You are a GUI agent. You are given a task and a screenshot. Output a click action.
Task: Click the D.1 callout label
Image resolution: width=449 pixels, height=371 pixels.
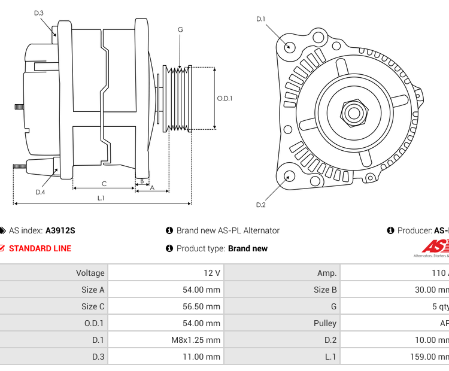point(260,19)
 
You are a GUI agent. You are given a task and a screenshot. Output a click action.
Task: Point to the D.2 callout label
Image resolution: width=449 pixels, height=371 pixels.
point(260,205)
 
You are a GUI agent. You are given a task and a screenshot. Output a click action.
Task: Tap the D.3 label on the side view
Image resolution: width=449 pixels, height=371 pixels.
point(39,13)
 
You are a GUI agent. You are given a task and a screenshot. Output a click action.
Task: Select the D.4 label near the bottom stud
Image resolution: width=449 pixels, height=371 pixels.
point(40,192)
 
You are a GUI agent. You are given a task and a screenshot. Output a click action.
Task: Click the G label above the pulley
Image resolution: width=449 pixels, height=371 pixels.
point(180,29)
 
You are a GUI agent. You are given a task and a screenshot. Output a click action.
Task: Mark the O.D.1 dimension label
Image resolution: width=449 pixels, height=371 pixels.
point(224,99)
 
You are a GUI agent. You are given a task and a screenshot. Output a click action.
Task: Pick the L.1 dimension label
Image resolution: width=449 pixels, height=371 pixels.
point(101,198)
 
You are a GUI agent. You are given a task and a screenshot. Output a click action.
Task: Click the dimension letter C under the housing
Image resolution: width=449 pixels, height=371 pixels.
point(104,184)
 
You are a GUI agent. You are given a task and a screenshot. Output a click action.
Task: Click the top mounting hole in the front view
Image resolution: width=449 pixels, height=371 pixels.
point(290,47)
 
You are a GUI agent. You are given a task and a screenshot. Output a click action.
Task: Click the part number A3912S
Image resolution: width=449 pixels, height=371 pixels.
point(60,230)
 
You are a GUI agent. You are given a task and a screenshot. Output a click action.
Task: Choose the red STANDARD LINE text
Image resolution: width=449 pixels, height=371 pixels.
point(40,248)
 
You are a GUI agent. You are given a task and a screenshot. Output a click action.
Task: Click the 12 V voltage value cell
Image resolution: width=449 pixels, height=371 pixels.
point(212,273)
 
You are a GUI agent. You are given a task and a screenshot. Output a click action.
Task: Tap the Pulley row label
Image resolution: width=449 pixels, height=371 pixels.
point(325,323)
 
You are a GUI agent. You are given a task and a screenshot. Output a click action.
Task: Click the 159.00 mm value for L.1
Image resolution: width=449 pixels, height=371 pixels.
point(430,357)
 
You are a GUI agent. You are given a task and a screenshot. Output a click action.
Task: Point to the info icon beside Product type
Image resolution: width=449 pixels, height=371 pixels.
point(169,248)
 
